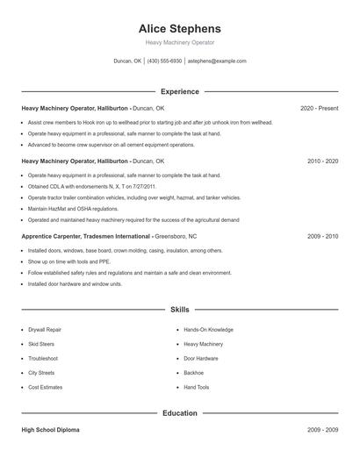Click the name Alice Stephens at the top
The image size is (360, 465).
tap(179, 28)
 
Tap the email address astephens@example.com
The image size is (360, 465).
tap(217, 61)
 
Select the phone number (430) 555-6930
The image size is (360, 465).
tap(164, 61)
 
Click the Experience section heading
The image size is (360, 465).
tap(179, 91)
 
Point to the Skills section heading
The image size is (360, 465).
tap(179, 310)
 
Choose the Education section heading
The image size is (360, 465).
tap(179, 413)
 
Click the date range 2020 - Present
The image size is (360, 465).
tap(319, 108)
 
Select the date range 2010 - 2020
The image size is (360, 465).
tap(322, 161)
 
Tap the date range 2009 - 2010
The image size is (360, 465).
tap(322, 237)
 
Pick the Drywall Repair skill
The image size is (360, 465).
tap(45, 330)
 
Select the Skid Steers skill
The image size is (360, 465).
tap(42, 344)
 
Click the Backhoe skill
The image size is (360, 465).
tap(194, 373)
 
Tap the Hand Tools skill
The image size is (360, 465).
tap(197, 387)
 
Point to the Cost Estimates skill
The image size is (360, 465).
tap(46, 387)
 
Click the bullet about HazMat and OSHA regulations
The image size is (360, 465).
tap(73, 209)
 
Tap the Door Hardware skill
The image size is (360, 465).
tap(201, 358)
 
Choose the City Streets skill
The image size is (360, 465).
tap(41, 373)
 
